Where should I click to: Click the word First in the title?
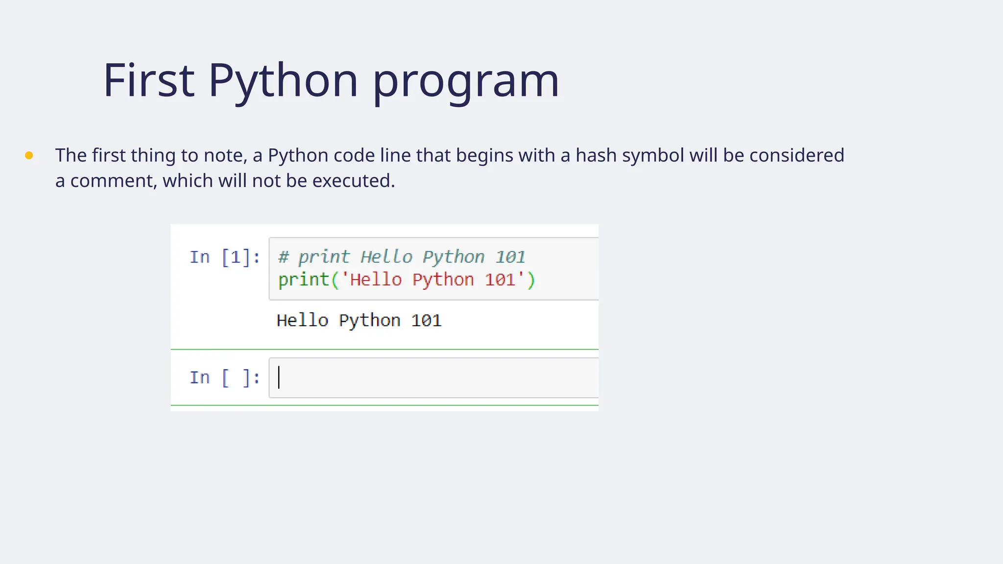click(x=149, y=80)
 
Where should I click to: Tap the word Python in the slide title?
click(x=283, y=80)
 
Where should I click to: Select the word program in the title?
click(x=465, y=80)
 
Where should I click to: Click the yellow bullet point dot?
click(x=29, y=156)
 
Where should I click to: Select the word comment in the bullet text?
click(x=114, y=181)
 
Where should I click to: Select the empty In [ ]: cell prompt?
click(x=225, y=378)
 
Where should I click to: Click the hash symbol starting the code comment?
click(x=284, y=257)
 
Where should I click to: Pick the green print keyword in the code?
click(x=304, y=280)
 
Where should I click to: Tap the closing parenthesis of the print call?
click(x=531, y=280)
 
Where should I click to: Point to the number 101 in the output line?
click(x=426, y=321)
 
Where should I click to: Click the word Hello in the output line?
click(x=302, y=321)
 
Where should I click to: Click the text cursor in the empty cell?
click(x=279, y=377)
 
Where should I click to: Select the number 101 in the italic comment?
click(x=510, y=257)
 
